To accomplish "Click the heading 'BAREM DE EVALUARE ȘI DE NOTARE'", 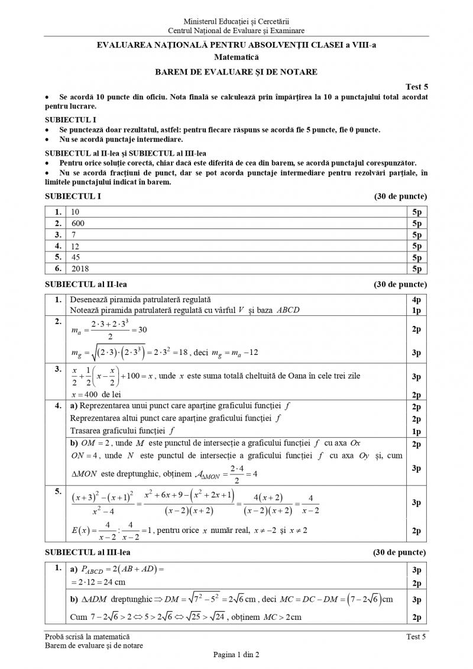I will pyautogui.click(x=237, y=72).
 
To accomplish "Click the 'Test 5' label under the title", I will pyautogui.click(x=416, y=86).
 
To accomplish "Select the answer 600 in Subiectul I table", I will pyautogui.click(x=77, y=224).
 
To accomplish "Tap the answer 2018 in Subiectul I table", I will pyautogui.click(x=79, y=269).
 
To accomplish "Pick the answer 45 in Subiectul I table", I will pyautogui.click(x=75, y=257).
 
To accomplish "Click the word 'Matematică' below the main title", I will pyautogui.click(x=237, y=57).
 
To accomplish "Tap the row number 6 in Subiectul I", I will pyautogui.click(x=58, y=269).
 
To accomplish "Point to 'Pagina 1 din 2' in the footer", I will pyautogui.click(x=237, y=654).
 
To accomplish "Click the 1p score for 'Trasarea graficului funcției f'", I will pyautogui.click(x=416, y=431).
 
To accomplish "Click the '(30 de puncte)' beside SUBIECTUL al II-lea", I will pyautogui.click(x=400, y=285).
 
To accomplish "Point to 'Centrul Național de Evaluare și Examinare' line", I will pyautogui.click(x=237, y=30).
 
